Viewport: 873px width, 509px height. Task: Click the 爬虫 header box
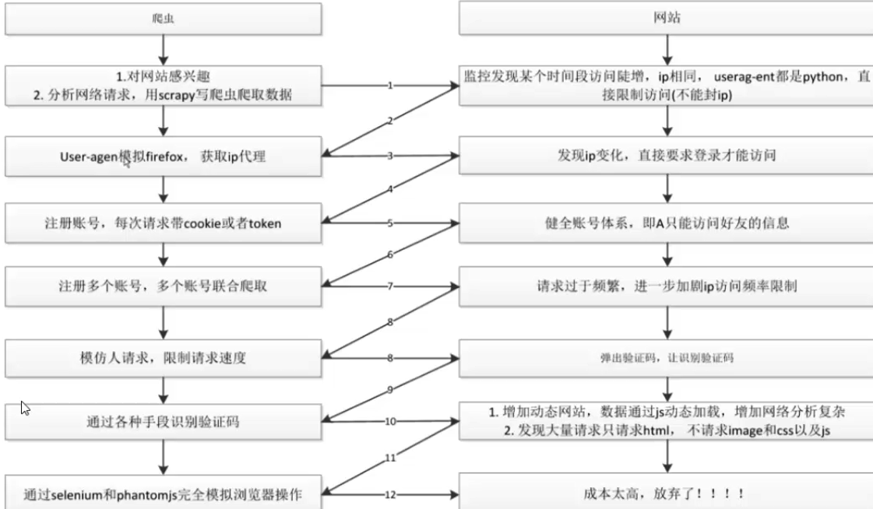pos(163,19)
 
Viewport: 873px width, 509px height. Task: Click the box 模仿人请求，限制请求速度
pos(163,359)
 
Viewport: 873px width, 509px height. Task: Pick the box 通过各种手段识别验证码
pos(163,423)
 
